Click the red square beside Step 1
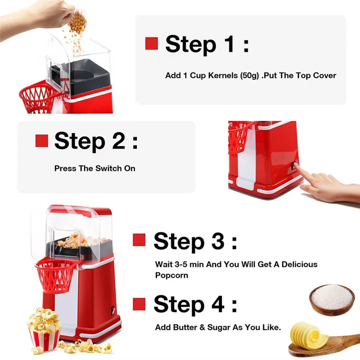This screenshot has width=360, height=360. coord(151,44)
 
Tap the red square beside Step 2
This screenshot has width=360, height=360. coord(41,141)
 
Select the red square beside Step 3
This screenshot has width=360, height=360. coord(139,240)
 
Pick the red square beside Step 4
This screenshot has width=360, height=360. coord(139,304)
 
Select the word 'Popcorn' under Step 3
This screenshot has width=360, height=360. coord(171,275)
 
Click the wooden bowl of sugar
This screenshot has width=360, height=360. coord(332,299)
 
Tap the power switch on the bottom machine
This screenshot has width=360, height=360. coord(110,310)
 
